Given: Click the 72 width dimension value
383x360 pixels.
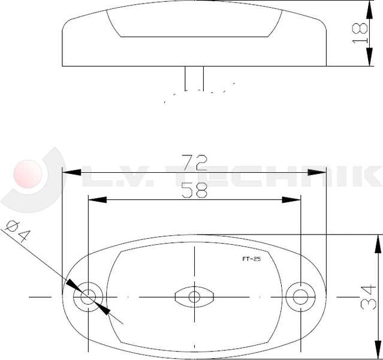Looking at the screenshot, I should tap(194, 161).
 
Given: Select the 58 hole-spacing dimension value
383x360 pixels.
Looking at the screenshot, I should tap(194, 190).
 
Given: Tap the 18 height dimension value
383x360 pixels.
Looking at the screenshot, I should tap(360, 33).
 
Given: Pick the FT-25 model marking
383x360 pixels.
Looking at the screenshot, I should tap(251, 260).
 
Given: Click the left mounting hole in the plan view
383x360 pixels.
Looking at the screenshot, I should tap(89, 296).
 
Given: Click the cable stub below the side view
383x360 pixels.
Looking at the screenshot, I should tap(194, 78).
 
